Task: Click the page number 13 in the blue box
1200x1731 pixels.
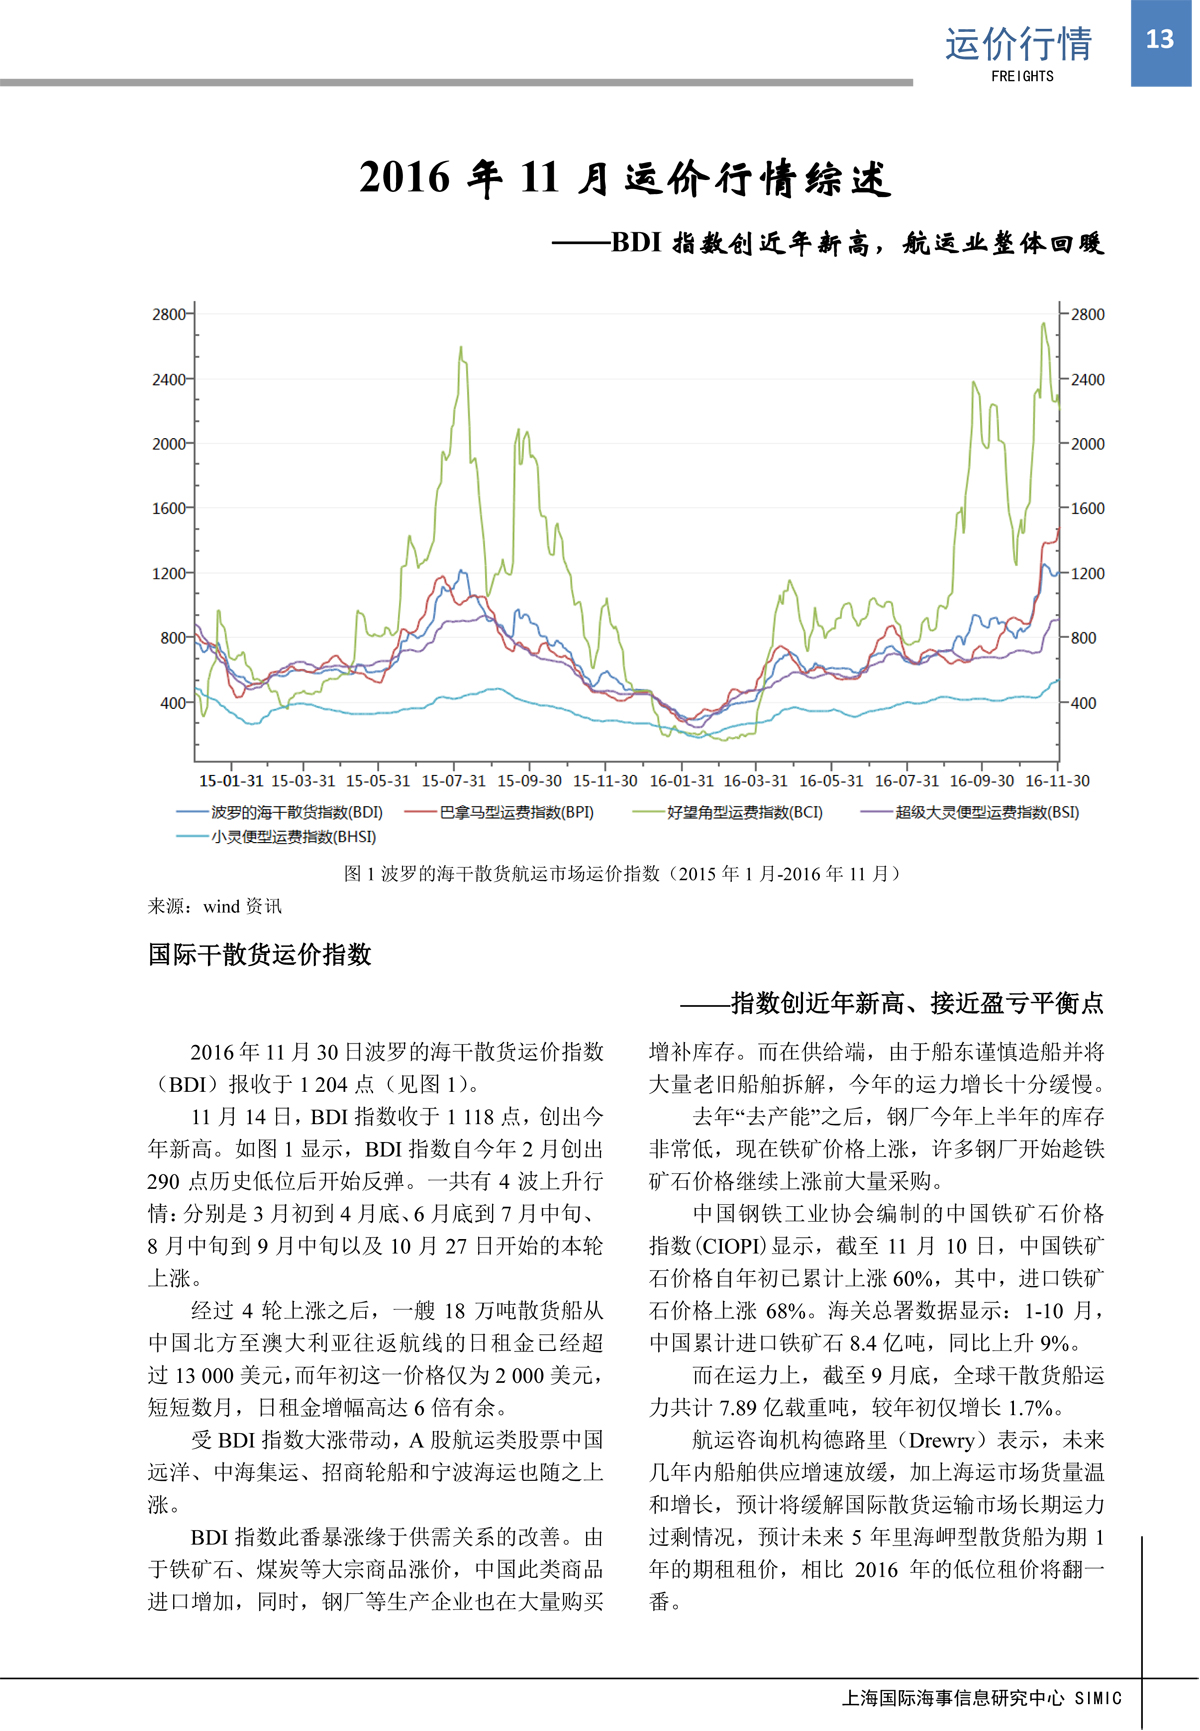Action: tap(1159, 40)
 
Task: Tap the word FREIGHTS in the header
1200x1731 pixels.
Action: tap(1022, 76)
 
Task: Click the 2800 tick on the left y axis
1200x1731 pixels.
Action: tap(169, 314)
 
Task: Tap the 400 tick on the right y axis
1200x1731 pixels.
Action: tap(1083, 703)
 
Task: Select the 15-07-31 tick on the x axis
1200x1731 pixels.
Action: tap(453, 781)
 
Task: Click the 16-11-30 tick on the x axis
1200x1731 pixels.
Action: tap(1057, 781)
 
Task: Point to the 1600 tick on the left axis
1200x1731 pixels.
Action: tap(169, 508)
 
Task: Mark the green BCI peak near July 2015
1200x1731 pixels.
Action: tap(460, 348)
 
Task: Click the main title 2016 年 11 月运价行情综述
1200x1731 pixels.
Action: tap(624, 179)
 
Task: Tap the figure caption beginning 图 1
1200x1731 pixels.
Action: tap(623, 874)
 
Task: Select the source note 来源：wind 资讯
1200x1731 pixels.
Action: tap(215, 906)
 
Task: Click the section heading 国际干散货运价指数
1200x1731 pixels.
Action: tap(260, 955)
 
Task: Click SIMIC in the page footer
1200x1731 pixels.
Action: tap(1098, 1698)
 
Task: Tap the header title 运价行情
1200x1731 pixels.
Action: tap(1018, 44)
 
